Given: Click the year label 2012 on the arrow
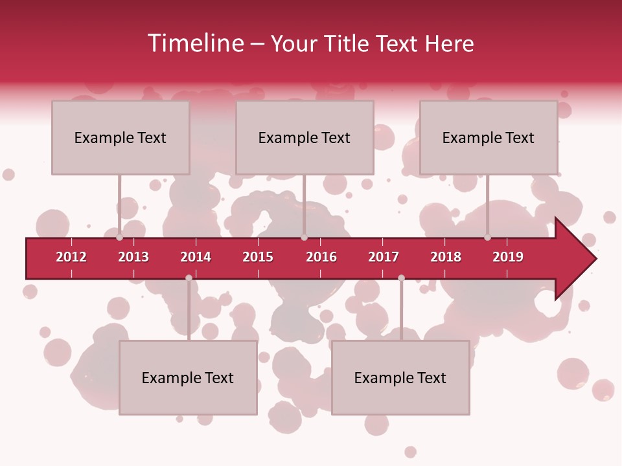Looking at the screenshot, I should [x=71, y=257].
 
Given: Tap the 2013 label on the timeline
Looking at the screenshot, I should [x=133, y=257].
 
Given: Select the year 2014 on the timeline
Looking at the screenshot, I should [x=196, y=257].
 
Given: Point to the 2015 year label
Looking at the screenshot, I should [x=258, y=257].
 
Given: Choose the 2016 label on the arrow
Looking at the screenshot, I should [x=321, y=257].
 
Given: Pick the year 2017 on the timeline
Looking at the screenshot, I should [x=384, y=257].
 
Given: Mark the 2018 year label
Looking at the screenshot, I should [x=446, y=257].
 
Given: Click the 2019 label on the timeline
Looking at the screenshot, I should [x=508, y=257].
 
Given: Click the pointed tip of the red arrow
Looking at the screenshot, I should [x=595, y=259].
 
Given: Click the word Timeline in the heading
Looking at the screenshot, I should [x=195, y=43].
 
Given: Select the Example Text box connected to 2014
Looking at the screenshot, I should [x=188, y=377].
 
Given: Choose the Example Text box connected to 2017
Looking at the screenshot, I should [x=400, y=377].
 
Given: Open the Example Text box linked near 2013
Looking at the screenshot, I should [x=121, y=137].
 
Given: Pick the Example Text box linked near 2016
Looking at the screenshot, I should [x=305, y=137].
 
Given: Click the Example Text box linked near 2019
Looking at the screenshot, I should [x=489, y=137].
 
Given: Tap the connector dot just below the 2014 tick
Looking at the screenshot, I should [x=189, y=278].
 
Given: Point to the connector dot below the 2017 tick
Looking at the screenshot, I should [x=401, y=278].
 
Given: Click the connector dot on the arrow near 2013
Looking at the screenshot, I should [x=120, y=238].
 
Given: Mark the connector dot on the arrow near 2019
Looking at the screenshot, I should [x=488, y=238].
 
